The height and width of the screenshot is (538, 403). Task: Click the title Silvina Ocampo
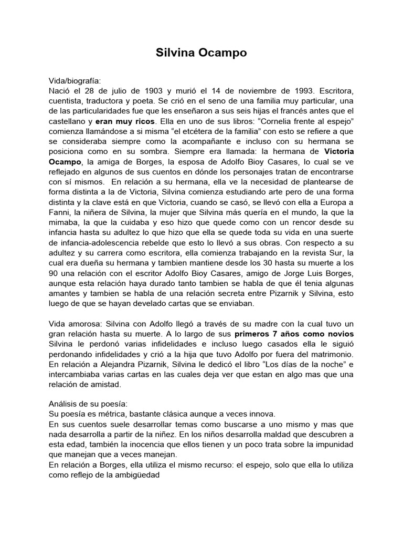201,53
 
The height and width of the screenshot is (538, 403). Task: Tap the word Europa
332,201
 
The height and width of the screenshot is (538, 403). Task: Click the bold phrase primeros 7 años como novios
294,334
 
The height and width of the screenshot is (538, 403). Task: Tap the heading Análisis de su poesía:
84,404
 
